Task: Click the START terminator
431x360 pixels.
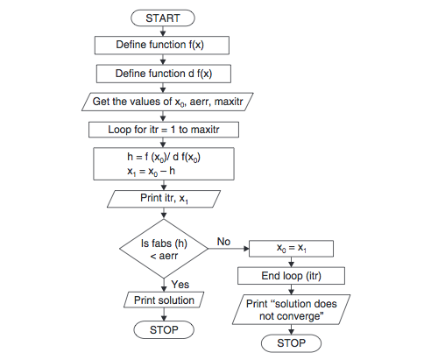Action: tap(164, 17)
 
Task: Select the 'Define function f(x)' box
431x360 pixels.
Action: tap(164, 45)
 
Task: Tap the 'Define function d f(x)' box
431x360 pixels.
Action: tap(164, 73)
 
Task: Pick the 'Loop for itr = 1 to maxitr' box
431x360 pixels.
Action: tap(164, 130)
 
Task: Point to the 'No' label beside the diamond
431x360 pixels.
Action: tap(223, 239)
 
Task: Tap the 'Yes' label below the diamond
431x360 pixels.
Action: tap(179, 284)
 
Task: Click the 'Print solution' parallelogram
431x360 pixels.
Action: tap(164, 300)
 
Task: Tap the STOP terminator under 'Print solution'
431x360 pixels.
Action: tap(164, 330)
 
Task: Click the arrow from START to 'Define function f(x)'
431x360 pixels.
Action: tap(164, 30)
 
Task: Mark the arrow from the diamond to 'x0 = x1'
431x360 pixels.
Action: tap(230, 250)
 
